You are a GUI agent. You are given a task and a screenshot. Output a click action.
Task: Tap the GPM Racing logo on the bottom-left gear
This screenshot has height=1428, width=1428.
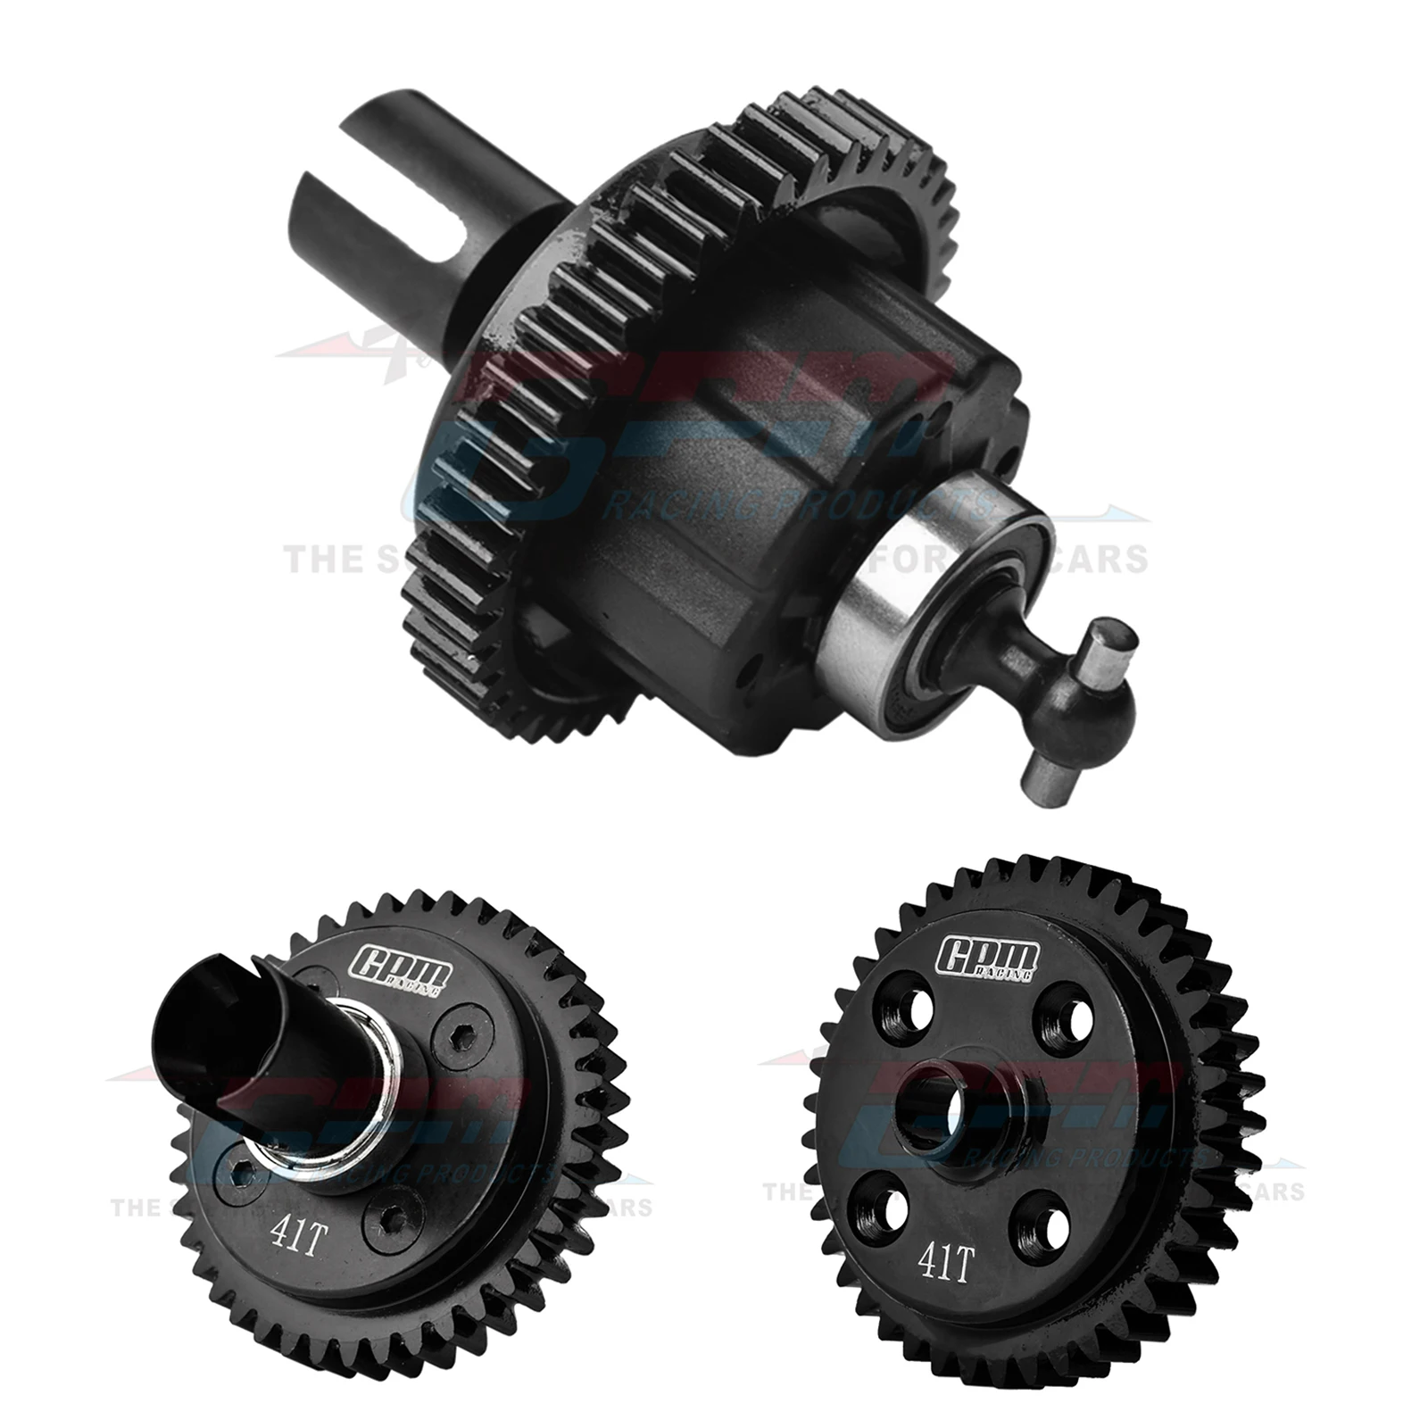pos(401,968)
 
